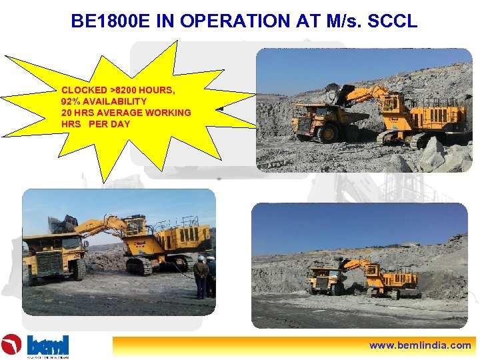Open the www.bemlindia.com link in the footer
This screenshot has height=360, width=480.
pos(421,345)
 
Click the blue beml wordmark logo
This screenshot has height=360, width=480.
pos(47,345)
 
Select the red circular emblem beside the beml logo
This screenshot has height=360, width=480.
pos(11,345)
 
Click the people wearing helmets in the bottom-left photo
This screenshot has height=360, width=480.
pos(204,275)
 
